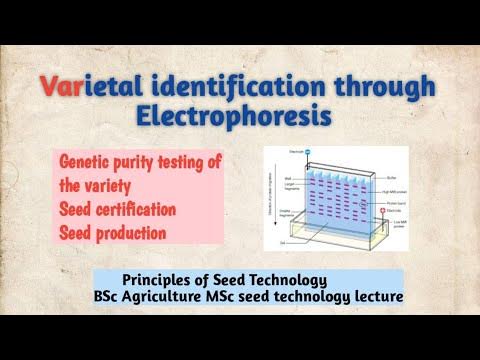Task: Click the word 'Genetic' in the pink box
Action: pos(87,161)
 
